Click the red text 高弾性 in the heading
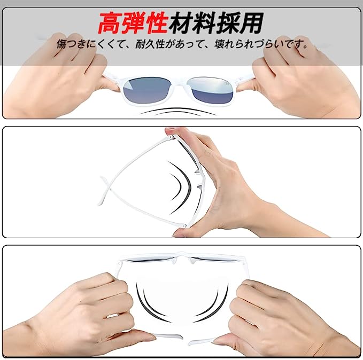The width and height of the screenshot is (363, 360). [133, 22]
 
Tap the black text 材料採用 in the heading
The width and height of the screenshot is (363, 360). [216, 22]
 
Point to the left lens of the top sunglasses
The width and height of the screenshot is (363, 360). [148, 90]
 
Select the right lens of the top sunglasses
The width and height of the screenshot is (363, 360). [210, 90]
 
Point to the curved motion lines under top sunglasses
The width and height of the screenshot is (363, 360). [178, 112]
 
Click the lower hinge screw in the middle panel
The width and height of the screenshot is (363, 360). [184, 225]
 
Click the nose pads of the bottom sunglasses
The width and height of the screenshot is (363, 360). [182, 261]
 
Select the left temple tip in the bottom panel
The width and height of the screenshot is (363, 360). [167, 336]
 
